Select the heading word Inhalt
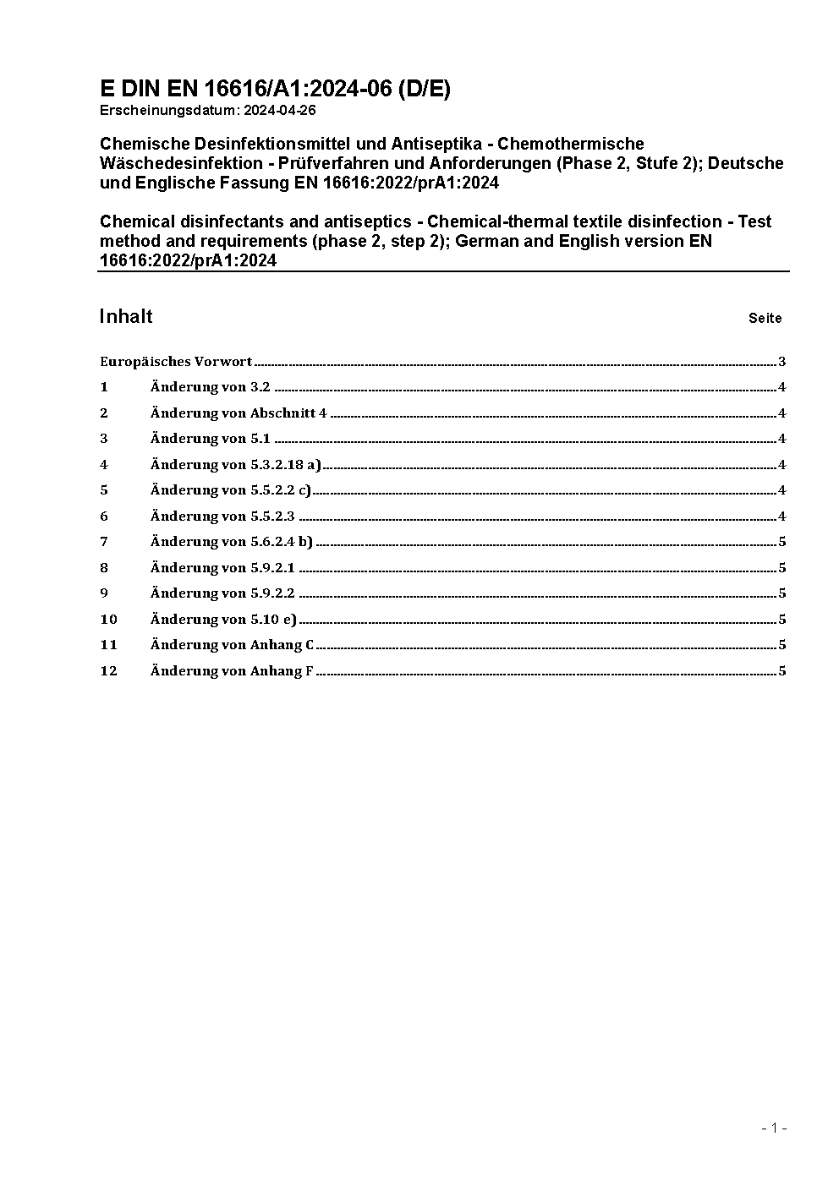[x=126, y=316]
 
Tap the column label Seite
[x=765, y=319]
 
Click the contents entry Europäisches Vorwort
[x=176, y=362]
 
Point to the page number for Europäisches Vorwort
[x=782, y=362]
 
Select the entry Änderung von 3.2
[x=210, y=387]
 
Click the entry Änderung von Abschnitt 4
[x=239, y=413]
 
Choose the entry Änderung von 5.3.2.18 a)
[x=236, y=464]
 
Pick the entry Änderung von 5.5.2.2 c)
[x=231, y=490]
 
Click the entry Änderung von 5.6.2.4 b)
[x=232, y=542]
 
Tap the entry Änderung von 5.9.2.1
[x=222, y=568]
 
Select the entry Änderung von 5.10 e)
[x=223, y=620]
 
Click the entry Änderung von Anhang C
[x=232, y=645]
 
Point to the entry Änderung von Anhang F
[x=232, y=671]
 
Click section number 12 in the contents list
[x=108, y=671]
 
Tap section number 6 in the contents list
[x=104, y=516]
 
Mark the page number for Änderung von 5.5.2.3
[x=782, y=516]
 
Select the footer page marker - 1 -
[x=774, y=1128]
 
